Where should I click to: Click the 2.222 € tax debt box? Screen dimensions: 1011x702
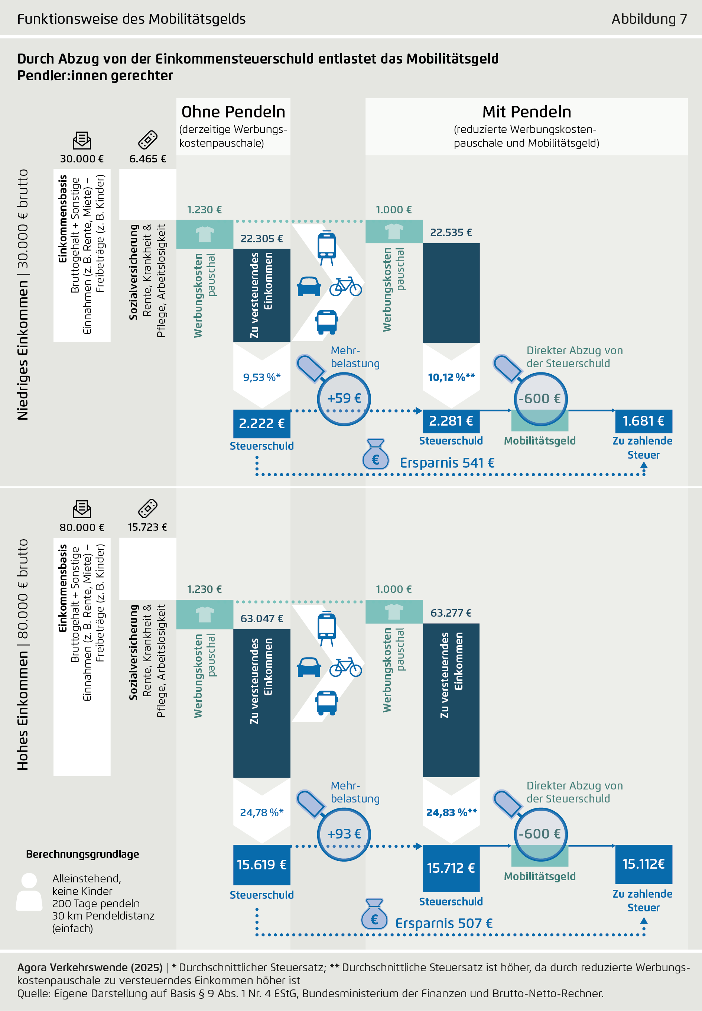(262, 423)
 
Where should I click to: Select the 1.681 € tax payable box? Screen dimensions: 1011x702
(643, 421)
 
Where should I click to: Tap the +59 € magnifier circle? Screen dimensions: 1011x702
(344, 399)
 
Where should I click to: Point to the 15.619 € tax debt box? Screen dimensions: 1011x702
(262, 865)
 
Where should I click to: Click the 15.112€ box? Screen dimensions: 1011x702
(643, 864)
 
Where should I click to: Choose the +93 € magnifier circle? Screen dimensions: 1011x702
(344, 834)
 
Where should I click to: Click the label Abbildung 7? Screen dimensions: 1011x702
(649, 19)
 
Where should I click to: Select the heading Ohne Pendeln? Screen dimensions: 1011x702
(233, 112)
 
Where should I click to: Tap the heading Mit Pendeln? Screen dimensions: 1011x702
(527, 112)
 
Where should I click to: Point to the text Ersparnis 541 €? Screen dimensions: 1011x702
(447, 463)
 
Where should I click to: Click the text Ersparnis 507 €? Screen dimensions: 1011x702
(444, 923)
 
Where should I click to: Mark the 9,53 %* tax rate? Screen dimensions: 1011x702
(262, 377)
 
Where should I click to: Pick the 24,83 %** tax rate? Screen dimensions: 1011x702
(451, 813)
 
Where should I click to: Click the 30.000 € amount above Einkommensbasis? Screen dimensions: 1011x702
(82, 158)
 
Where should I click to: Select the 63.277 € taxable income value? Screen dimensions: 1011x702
(451, 613)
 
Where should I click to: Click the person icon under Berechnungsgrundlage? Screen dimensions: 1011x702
(29, 892)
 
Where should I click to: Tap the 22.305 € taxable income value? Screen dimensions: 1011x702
(262, 239)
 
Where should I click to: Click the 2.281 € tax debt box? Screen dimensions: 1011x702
(451, 421)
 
